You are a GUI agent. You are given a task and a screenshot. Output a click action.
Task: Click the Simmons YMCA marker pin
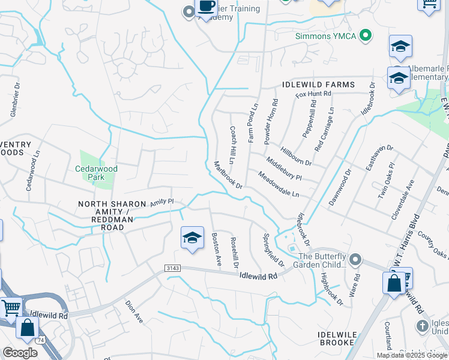point(364,36)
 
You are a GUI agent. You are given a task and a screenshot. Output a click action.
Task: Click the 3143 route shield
point(172,271)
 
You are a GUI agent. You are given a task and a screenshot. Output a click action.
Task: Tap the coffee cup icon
point(206,7)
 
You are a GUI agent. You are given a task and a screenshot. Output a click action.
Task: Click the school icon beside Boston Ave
point(191,239)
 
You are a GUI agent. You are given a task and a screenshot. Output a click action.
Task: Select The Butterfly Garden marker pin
point(355,259)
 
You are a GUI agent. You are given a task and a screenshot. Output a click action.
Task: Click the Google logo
point(20,353)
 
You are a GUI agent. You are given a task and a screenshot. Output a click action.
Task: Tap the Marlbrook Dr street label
point(228,175)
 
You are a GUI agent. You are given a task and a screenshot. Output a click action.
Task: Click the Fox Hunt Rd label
point(313,94)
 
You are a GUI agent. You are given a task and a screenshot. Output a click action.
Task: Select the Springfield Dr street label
point(273,250)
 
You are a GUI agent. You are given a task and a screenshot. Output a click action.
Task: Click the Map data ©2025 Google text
point(411,355)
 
